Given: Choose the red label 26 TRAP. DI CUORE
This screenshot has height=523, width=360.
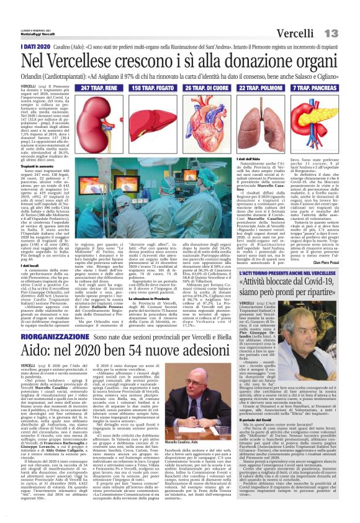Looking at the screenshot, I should [211, 89].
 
